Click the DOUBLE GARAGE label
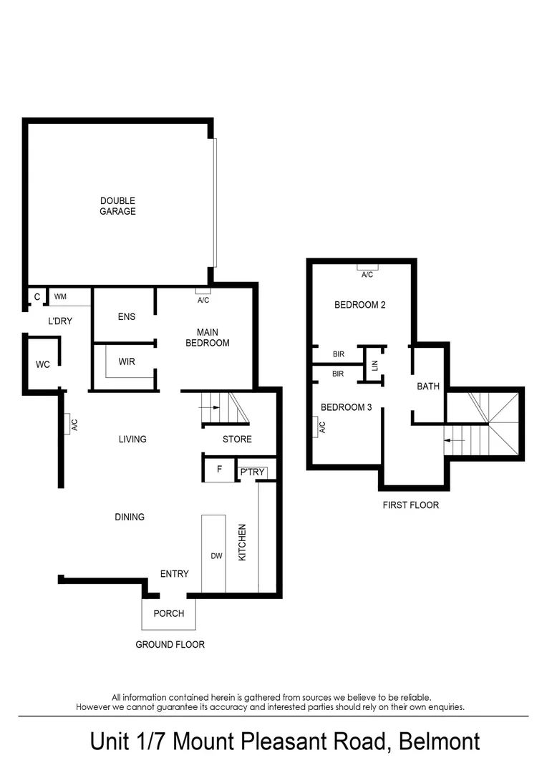pos(117,206)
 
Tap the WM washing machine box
pos(61,296)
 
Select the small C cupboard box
pos(37,296)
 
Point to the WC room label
pos(43,364)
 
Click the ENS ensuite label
pos(126,316)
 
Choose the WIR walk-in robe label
pos(127,361)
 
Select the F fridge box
pos(219,470)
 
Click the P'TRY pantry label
pos(251,472)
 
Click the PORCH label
pos(169,613)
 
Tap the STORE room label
pos(237,439)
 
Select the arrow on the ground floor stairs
pos(208,407)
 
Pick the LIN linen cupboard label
pos(374,365)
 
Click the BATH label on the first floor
pos(428,386)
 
